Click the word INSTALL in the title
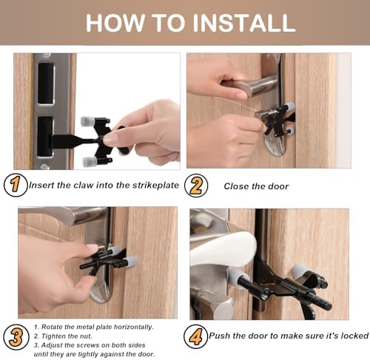pos(244,23)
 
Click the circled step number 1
pos(16,185)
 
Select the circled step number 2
pos(196,186)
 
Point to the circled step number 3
pos(16,337)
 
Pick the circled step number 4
pos(195,336)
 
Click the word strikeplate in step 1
pos(155,186)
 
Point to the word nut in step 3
pos(87,336)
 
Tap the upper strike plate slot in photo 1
pos(46,83)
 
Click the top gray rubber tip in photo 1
pos(87,121)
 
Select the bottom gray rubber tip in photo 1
pos(90,162)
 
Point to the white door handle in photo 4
pos(223,249)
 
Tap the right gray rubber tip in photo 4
pos(299,271)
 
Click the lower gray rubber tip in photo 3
pos(129,260)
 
